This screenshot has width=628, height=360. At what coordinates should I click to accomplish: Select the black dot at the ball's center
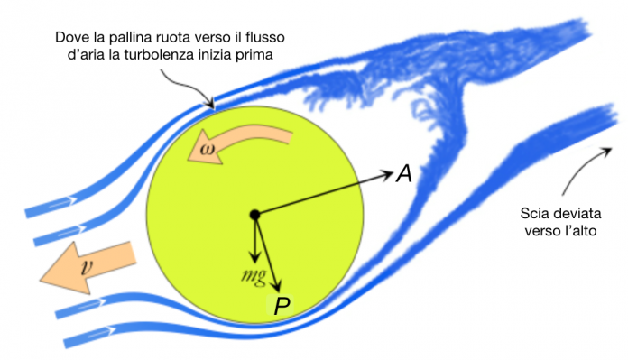click(255, 215)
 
